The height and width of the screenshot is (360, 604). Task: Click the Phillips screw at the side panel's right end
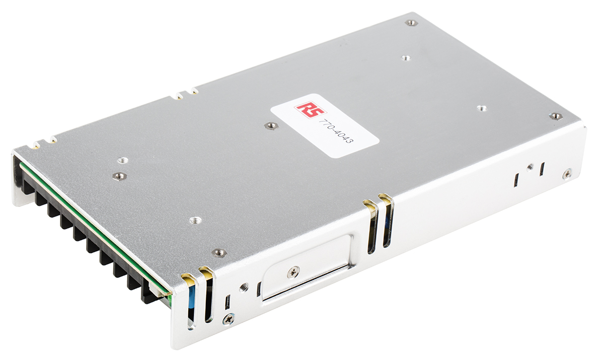pos(567,173)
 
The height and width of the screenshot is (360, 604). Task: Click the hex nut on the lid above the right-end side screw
pos(556,116)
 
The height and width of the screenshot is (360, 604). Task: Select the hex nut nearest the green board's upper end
pos(119,176)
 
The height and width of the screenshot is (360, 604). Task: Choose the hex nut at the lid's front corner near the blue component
pos(219,252)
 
